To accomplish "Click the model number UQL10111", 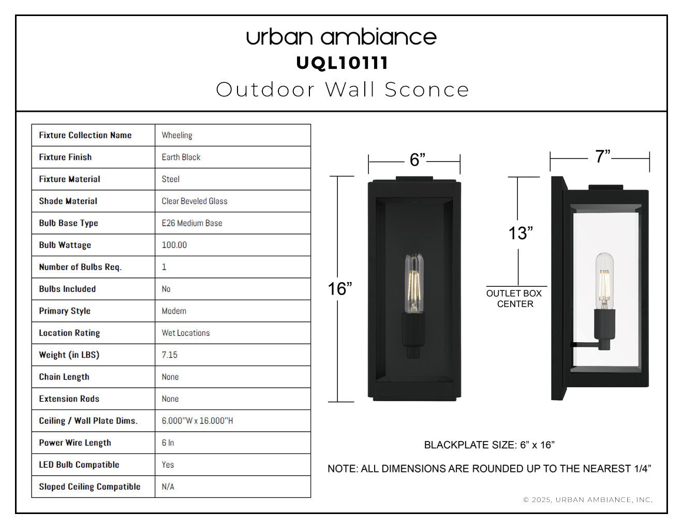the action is [x=342, y=63].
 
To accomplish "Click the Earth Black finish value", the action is [x=181, y=157].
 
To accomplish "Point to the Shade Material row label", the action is [x=68, y=201].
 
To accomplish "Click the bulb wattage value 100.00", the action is [x=174, y=245].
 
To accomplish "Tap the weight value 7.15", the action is [x=169, y=355].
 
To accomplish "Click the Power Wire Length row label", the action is [x=75, y=443].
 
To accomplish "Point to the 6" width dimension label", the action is [x=418, y=159].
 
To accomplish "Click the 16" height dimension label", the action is [x=340, y=288].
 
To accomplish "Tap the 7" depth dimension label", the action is [x=602, y=156].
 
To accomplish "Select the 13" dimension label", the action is [x=521, y=233].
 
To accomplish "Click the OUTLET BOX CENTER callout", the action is [x=514, y=299].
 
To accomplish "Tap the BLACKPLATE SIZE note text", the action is [x=489, y=445].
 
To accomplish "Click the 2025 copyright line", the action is [x=588, y=500].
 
